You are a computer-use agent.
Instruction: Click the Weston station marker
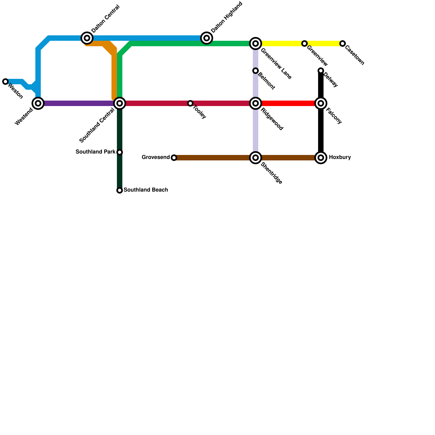tap(5, 82)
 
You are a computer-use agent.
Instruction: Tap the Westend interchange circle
tap(38, 103)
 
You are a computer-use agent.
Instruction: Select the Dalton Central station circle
tap(87, 38)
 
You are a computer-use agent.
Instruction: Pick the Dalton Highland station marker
tap(207, 38)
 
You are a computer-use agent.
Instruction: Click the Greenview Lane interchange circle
tap(256, 43)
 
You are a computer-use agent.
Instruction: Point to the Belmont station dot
tap(256, 71)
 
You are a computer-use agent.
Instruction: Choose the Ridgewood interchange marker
tap(256, 103)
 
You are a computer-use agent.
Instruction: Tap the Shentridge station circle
tap(256, 158)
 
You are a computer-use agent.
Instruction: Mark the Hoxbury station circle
tap(321, 158)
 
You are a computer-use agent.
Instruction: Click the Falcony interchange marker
tap(321, 103)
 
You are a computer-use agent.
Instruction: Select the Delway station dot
tap(321, 71)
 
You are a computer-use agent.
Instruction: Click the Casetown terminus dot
tap(343, 43)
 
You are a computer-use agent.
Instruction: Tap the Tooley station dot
tap(190, 103)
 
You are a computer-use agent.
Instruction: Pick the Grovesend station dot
tap(174, 158)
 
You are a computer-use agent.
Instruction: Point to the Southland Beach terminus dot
tap(120, 190)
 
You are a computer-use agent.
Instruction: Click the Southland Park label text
tap(95, 152)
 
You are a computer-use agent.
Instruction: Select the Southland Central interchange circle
tap(120, 103)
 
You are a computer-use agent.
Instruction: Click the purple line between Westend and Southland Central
tap(79, 103)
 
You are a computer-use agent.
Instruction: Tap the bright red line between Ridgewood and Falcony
tap(288, 103)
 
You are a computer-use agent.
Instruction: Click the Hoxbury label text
tap(340, 157)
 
